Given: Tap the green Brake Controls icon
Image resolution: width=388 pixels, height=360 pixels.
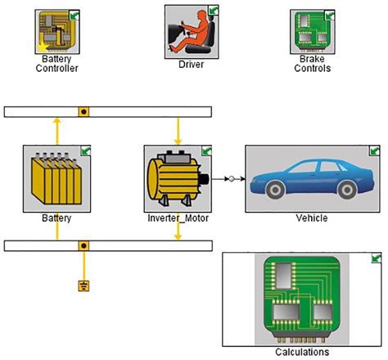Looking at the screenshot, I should click(313, 32).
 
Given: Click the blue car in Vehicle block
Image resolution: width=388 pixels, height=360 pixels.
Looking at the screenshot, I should click(312, 180).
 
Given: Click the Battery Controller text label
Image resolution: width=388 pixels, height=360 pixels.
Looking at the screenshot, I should click(56, 64).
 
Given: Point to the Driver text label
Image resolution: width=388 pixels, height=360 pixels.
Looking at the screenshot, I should click(191, 63).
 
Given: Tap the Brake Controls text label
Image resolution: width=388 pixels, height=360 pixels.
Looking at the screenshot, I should click(313, 64).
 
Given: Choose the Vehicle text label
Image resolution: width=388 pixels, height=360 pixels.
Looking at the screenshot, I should click(311, 218).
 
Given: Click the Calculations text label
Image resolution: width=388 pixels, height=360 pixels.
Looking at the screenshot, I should click(302, 352).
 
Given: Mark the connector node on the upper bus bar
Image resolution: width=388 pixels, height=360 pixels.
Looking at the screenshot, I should click(83, 111).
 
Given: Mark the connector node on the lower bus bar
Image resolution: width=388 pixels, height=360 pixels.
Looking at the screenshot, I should click(83, 245).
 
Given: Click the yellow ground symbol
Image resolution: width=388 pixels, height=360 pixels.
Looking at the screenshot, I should click(83, 286).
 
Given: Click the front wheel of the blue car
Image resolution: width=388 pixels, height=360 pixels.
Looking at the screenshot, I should click(275, 191).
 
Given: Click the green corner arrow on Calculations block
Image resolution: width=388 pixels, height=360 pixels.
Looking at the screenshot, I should click(376, 259).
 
